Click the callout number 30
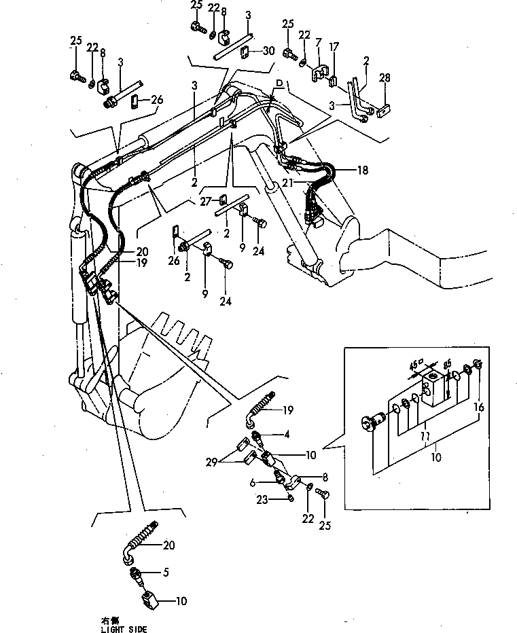tap(268, 50)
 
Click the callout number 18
tap(363, 170)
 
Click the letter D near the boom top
tap(279, 83)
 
